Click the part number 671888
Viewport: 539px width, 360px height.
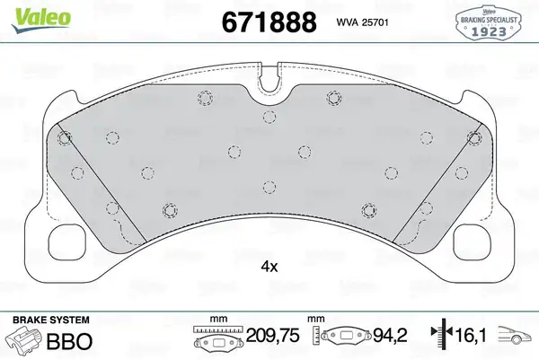269,22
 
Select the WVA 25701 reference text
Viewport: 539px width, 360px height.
362,22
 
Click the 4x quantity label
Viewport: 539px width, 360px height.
269,267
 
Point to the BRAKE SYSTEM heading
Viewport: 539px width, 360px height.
51,320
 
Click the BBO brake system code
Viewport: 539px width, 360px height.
69,341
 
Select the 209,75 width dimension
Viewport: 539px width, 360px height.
273,335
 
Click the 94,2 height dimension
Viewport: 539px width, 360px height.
390,335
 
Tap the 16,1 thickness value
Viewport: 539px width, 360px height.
470,336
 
